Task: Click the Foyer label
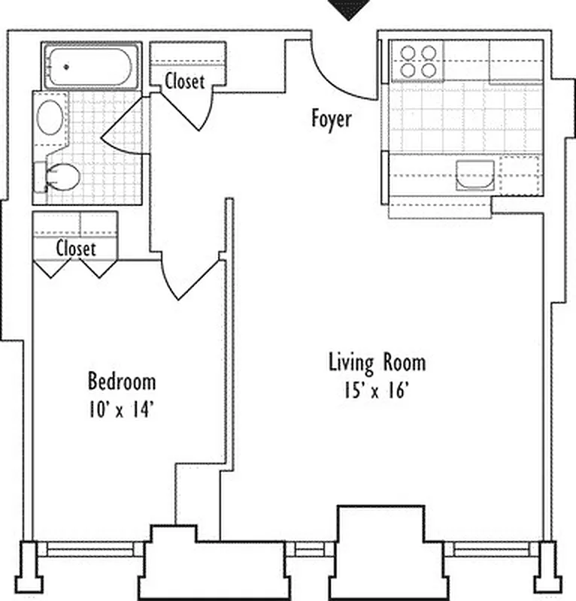pos(331,119)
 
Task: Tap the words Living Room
pos(377,363)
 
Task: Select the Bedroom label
pos(122,382)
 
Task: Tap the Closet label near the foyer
pos(184,81)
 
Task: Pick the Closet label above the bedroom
pos(76,248)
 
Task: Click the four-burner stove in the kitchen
pos(419,61)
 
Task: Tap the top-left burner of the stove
pos(410,53)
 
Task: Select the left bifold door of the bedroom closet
pos(53,269)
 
